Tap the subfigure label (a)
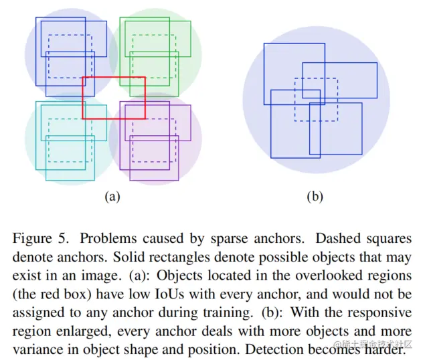click(112, 197)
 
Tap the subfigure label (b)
click(315, 197)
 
